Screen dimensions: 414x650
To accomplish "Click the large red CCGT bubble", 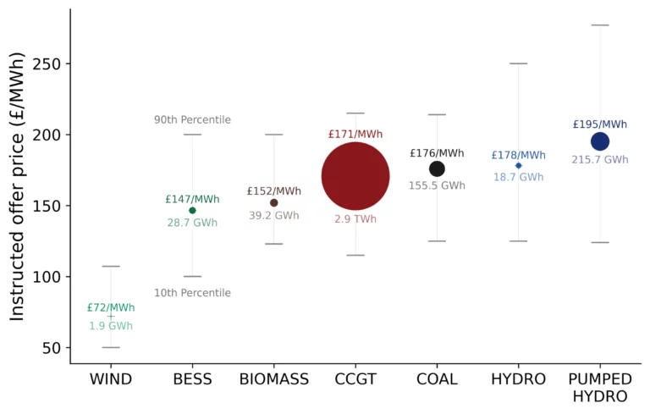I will pos(355,176).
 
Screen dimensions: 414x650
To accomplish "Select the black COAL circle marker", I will pos(437,168).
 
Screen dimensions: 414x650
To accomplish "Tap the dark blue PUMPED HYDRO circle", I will pos(600,141).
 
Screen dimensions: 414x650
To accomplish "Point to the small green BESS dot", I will pos(192,210).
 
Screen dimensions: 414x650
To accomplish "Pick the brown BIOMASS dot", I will pos(273,203).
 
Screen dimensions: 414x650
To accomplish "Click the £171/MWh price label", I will pos(355,134).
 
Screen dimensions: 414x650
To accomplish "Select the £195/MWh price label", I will pos(600,124).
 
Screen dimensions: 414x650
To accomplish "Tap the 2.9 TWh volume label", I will pos(355,218).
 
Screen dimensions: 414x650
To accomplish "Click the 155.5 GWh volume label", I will pos(437,185).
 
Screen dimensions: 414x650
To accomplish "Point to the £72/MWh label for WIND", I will pos(111,307).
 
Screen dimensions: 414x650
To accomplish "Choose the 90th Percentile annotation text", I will pos(192,119).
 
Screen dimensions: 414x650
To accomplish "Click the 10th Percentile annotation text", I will pos(192,293).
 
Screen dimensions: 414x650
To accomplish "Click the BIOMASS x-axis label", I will pos(273,379).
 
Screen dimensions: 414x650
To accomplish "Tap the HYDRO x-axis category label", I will pos(519,379).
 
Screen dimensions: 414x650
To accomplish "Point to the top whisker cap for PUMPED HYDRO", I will pos(600,25).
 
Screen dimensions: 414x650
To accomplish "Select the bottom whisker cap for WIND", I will pos(111,347).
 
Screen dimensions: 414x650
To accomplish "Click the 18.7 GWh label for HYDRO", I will pos(519,177).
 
